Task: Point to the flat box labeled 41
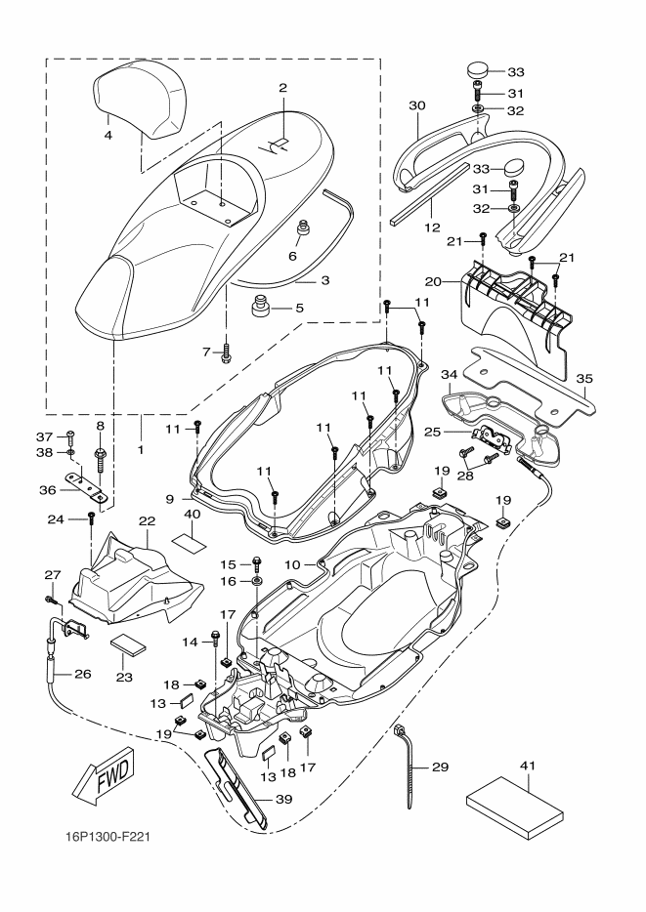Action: tap(515, 807)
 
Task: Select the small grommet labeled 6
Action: tap(303, 228)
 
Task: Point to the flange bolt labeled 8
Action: tap(100, 460)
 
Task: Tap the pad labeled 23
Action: tap(128, 644)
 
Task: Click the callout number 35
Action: tap(583, 379)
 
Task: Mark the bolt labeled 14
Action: tap(215, 641)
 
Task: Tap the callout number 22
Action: tap(148, 520)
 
